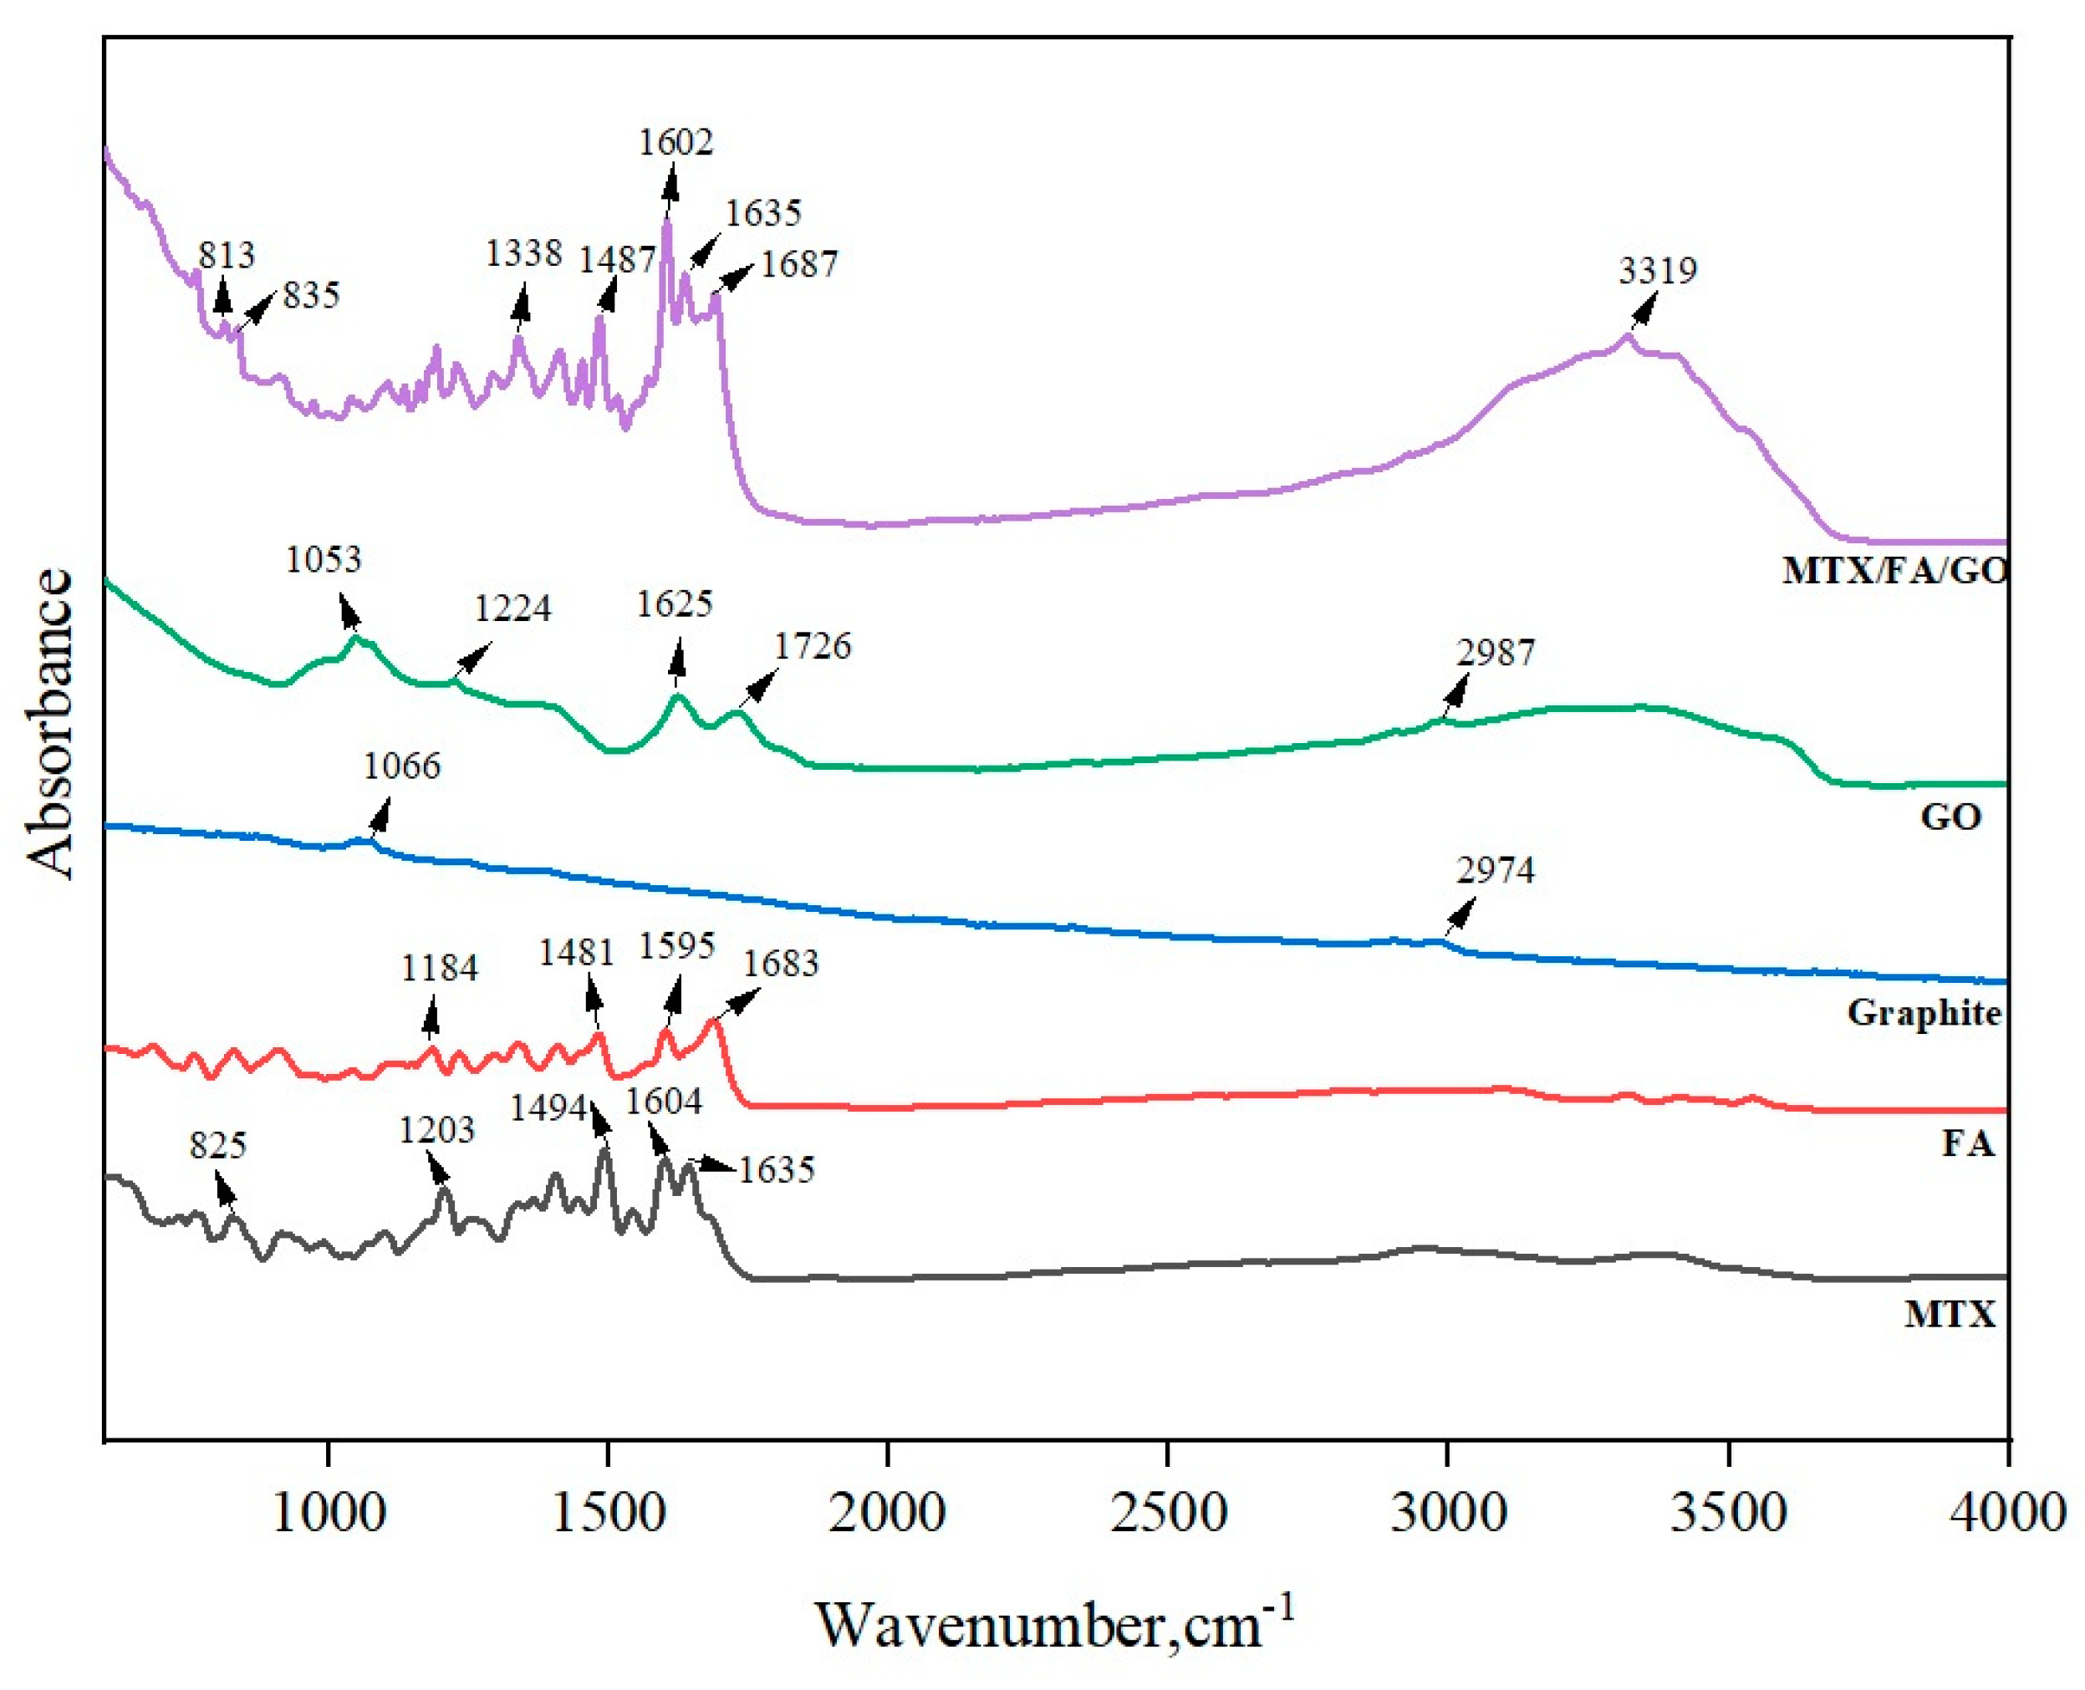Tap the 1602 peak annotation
click(x=675, y=142)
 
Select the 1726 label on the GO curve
click(x=813, y=645)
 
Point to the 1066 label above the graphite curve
click(x=401, y=766)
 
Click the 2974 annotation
click(x=1495, y=869)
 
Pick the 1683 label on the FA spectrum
click(x=780, y=963)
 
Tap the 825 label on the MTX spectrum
click(x=218, y=1145)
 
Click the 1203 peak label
click(x=436, y=1129)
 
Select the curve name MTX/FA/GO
click(x=1894, y=569)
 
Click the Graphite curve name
click(x=1924, y=1012)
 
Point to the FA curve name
click(x=1967, y=1142)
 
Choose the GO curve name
click(x=1950, y=816)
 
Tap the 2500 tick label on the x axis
click(x=1168, y=1513)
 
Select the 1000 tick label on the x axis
click(x=329, y=1513)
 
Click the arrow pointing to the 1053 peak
click(x=349, y=613)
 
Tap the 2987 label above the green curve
click(x=1495, y=652)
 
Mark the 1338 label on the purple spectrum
click(x=524, y=253)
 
